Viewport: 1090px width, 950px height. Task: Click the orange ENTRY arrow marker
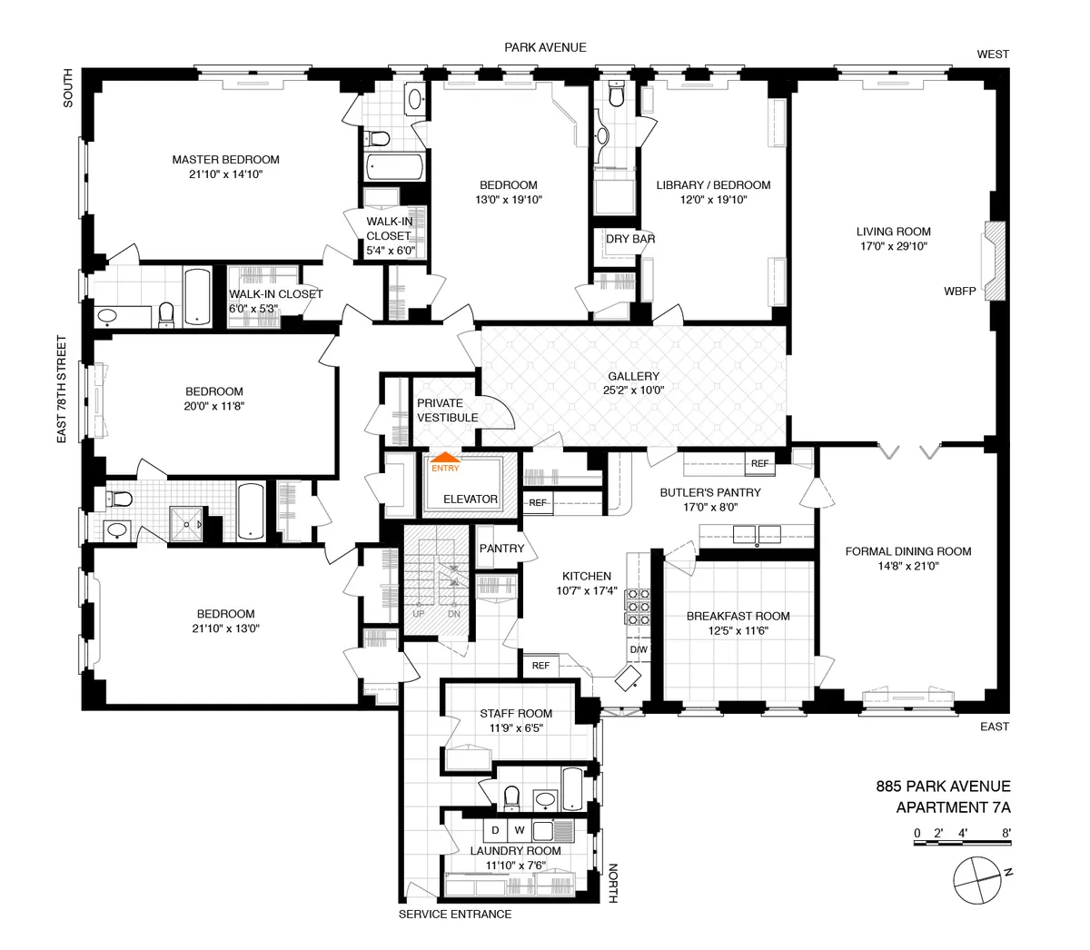pos(445,460)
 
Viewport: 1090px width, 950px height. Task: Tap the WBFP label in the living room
pos(959,292)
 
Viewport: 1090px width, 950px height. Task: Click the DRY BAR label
pos(630,239)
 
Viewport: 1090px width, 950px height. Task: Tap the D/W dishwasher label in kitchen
pos(639,649)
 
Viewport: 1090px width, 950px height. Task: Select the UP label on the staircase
pos(419,614)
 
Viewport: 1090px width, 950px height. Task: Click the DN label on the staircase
pos(454,614)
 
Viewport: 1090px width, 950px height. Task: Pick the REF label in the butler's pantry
pos(759,463)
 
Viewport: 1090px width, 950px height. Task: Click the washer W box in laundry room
pos(520,830)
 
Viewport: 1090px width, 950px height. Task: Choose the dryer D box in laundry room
pos(495,830)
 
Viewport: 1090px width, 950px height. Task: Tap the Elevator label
pos(470,499)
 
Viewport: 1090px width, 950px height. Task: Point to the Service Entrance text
pos(454,914)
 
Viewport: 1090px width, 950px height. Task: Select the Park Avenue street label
pos(546,47)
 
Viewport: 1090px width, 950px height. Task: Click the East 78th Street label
pos(63,389)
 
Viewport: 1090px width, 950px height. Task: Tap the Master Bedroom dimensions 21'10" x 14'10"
pos(225,174)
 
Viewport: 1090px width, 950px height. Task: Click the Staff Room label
pos(515,714)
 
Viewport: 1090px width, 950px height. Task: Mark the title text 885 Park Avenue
pos(942,787)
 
